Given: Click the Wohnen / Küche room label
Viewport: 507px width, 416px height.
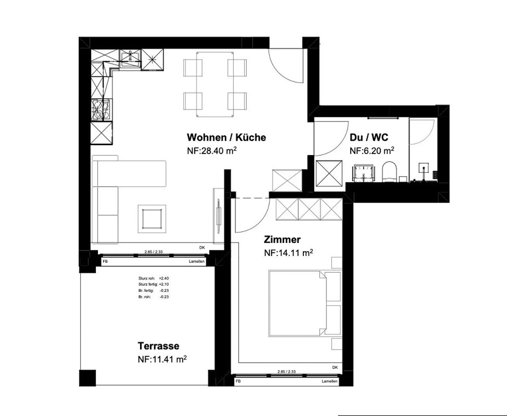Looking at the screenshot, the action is pyautogui.click(x=226, y=138).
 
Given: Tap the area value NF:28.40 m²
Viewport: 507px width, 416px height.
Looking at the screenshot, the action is pyautogui.click(x=212, y=151).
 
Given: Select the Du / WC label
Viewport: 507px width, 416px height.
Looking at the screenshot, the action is pyautogui.click(x=369, y=137).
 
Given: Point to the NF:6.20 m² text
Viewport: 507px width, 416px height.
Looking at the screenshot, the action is pyautogui.click(x=372, y=151).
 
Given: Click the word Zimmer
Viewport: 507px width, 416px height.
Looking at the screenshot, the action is pyautogui.click(x=282, y=240).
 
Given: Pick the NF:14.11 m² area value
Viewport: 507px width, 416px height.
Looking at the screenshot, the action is pyautogui.click(x=288, y=253).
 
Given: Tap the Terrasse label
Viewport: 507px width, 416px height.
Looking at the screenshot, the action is pyautogui.click(x=158, y=346).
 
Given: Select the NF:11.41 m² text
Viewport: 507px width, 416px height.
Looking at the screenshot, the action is pyautogui.click(x=162, y=359).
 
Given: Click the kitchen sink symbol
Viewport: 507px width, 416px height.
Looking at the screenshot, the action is pyautogui.click(x=130, y=58).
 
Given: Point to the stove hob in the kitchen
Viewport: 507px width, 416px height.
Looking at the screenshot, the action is pyautogui.click(x=100, y=109).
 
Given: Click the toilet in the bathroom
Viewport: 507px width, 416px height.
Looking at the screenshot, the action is pyautogui.click(x=389, y=172).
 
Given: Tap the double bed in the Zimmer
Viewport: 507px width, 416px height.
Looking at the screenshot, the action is pyautogui.click(x=305, y=303).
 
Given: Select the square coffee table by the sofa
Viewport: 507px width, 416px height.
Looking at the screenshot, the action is pyautogui.click(x=152, y=219).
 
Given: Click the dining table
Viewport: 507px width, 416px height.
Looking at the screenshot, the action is pyautogui.click(x=215, y=84).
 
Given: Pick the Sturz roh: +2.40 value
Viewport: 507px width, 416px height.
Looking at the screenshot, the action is pyautogui.click(x=154, y=278).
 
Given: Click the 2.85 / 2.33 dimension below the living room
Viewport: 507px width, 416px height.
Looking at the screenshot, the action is pyautogui.click(x=154, y=252).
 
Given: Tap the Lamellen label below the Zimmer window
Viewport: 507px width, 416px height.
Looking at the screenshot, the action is pyautogui.click(x=330, y=381).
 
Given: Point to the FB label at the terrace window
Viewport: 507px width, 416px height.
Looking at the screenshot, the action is pyautogui.click(x=105, y=261).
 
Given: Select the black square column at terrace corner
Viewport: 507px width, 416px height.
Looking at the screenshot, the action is pyautogui.click(x=88, y=378).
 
